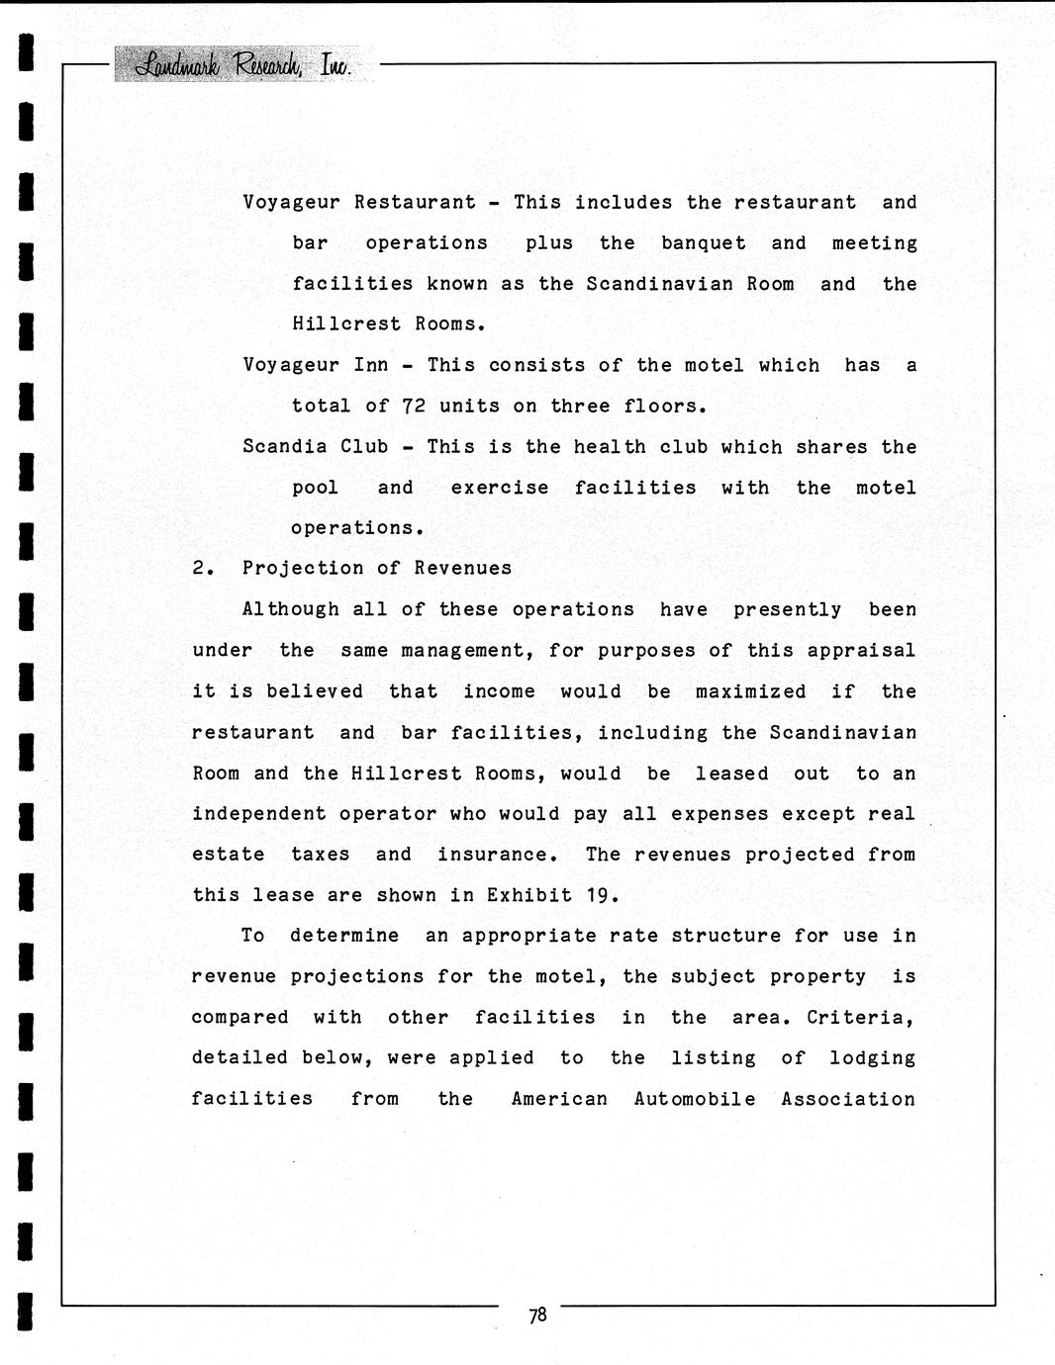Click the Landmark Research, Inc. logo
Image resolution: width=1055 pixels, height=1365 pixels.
coord(242,65)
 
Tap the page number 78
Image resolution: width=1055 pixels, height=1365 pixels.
coord(537,1315)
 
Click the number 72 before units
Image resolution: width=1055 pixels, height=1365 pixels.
coord(414,407)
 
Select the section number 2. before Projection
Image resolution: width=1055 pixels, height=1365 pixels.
coord(203,569)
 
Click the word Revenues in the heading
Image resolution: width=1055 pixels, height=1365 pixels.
coord(463,569)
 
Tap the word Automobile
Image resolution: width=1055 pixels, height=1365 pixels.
coord(695,1099)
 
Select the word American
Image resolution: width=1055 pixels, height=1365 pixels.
coord(559,1099)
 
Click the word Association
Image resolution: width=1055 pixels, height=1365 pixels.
coord(848,1099)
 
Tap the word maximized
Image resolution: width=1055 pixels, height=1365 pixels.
coord(750,691)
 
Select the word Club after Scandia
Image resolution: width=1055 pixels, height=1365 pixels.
coord(364,447)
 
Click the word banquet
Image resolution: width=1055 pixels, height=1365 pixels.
coord(704,243)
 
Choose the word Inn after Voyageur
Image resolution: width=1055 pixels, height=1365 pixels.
coord(371,365)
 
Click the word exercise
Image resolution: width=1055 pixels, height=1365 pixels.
coord(499,488)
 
